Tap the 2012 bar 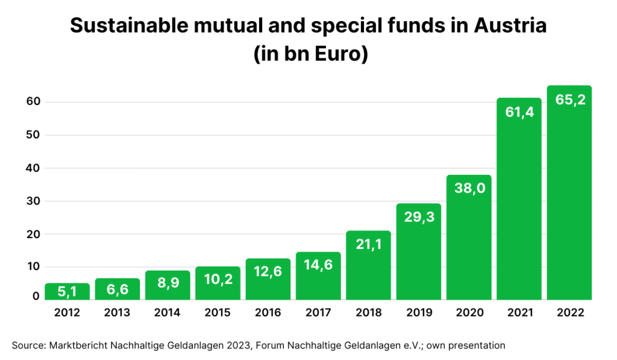pyautogui.click(x=67, y=292)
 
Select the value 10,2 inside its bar pyautogui.click(x=218, y=282)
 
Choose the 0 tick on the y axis pyautogui.click(x=36, y=296)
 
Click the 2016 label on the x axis pyautogui.click(x=268, y=313)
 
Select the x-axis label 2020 pyautogui.click(x=469, y=313)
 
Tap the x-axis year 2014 pyautogui.click(x=168, y=313)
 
